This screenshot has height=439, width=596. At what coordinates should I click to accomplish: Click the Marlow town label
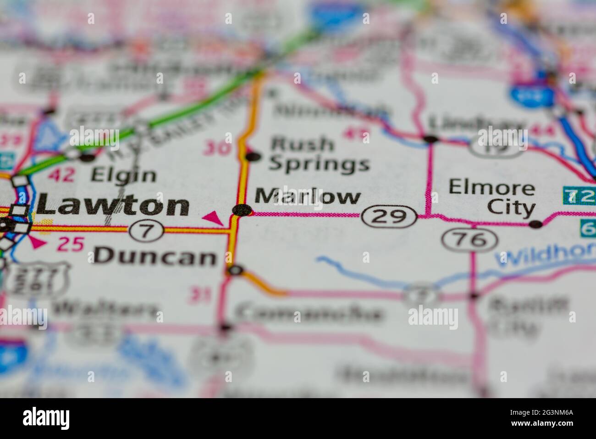307,197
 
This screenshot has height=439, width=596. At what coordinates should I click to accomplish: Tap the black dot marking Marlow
242,210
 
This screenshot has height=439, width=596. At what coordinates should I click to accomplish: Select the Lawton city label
113,205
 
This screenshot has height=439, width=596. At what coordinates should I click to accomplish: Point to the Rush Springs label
320,154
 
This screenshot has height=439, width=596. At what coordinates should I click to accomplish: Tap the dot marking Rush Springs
252,157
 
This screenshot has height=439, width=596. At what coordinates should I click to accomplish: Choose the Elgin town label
123,174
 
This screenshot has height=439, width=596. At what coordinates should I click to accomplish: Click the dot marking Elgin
87,158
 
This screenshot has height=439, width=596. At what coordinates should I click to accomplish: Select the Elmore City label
491,197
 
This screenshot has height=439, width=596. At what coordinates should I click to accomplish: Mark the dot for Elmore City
535,225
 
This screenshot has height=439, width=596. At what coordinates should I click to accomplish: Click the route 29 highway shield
389,217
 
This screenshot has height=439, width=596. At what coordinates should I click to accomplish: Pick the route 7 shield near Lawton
146,230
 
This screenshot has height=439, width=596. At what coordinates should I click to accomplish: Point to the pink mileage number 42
61,175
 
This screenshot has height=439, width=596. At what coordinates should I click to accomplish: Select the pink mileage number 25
71,245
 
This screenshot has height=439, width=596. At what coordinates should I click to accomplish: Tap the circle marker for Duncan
235,270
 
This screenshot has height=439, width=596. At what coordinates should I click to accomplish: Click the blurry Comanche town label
309,313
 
